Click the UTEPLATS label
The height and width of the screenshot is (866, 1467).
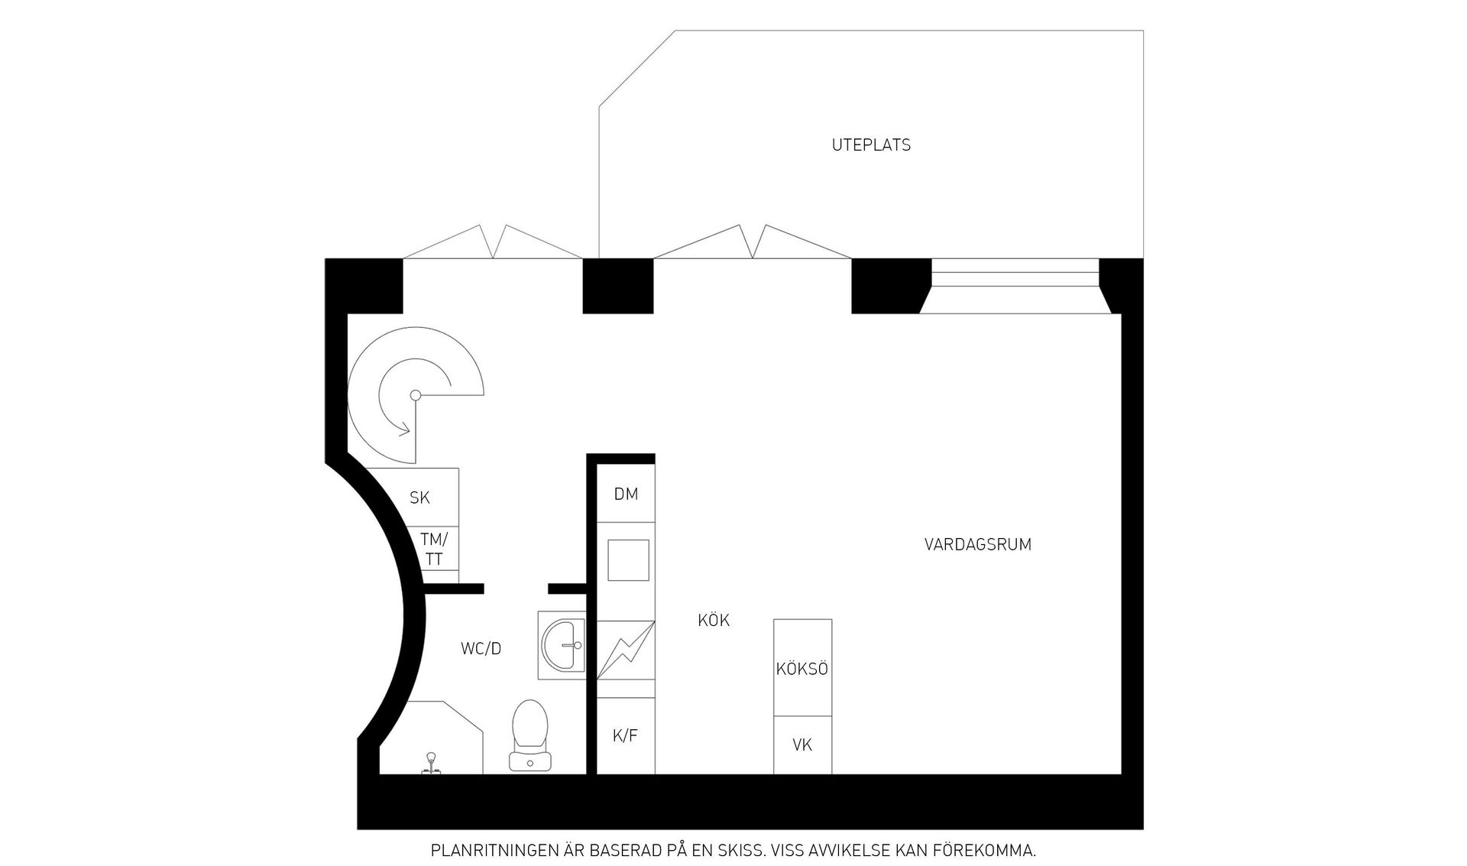click(871, 145)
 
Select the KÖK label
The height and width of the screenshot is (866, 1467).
click(714, 621)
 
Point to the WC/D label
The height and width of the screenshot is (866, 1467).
click(481, 649)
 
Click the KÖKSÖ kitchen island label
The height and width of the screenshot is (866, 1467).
click(802, 669)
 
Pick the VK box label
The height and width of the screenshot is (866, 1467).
click(802, 744)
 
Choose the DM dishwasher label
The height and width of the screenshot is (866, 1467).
click(626, 494)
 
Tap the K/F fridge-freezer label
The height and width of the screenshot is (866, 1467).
click(625, 736)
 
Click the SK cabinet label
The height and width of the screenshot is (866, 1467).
click(419, 498)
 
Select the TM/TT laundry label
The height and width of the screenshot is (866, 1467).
click(434, 549)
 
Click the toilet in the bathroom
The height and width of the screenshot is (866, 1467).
click(530, 734)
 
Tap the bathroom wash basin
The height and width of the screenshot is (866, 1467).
click(563, 645)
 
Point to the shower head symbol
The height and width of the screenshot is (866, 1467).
click(432, 761)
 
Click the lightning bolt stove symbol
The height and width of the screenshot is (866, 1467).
click(626, 650)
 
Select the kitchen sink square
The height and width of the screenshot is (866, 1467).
click(628, 560)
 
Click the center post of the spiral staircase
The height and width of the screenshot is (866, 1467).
click(416, 395)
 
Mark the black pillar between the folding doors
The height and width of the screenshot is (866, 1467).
click(618, 286)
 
